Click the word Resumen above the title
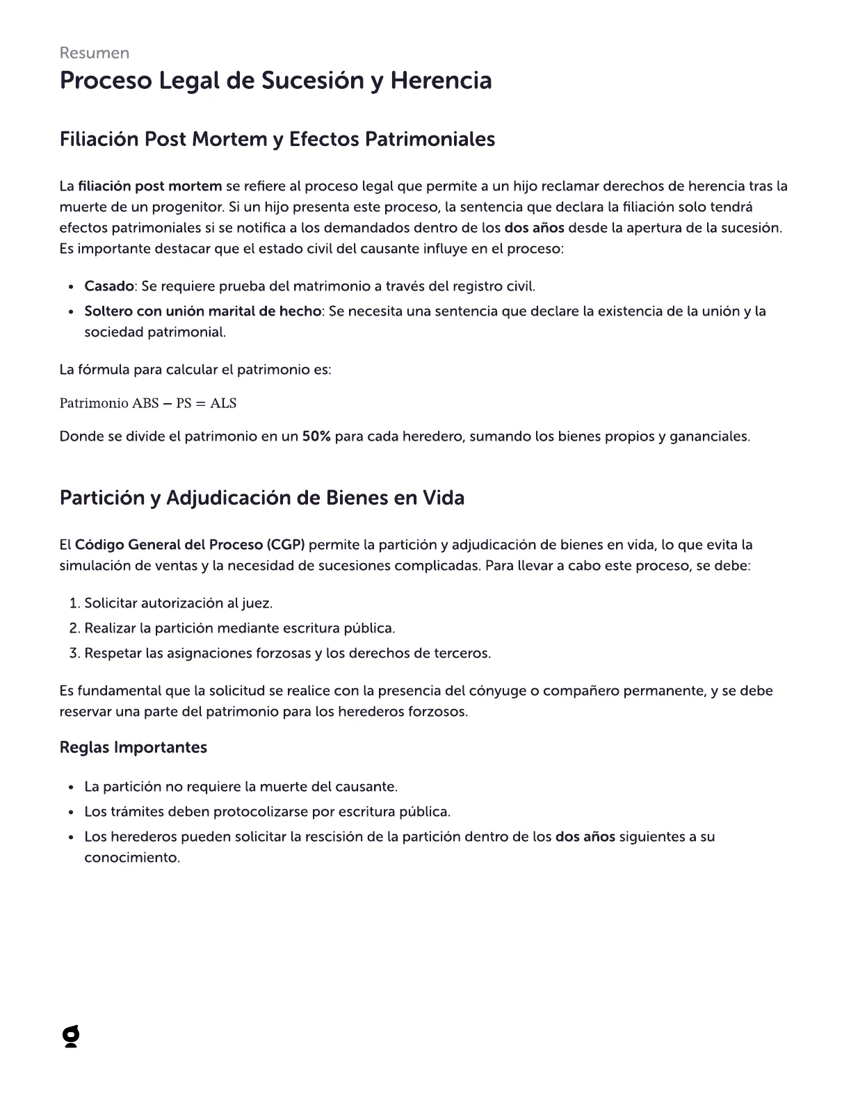click(x=94, y=53)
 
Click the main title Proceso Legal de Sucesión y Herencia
click(x=275, y=81)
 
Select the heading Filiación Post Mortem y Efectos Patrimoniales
click(x=277, y=139)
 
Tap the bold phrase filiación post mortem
click(x=149, y=186)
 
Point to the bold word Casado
click(x=108, y=286)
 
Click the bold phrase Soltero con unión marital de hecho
click(x=202, y=311)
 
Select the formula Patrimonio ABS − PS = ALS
click(x=148, y=403)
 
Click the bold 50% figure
click(x=316, y=437)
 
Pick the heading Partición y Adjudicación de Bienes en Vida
click(x=261, y=498)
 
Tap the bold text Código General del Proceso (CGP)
click(x=190, y=544)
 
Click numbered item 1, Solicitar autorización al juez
click(x=178, y=603)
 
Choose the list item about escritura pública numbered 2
click(x=239, y=628)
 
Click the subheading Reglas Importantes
click(x=133, y=747)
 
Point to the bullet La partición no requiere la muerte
click(x=241, y=787)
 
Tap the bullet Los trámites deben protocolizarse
click(x=267, y=812)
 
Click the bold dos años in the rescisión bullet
click(x=585, y=837)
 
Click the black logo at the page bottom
click(x=70, y=1037)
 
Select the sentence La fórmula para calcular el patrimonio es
click(x=195, y=370)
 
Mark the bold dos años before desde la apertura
click(x=534, y=228)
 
